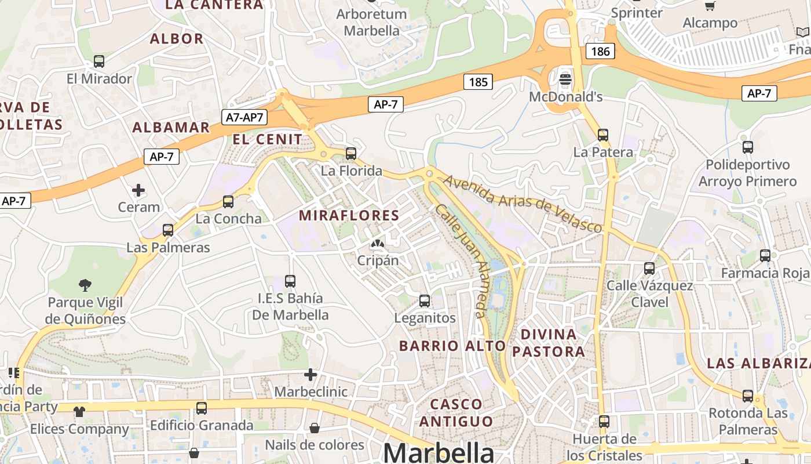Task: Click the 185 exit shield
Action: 478,82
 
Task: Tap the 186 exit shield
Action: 600,51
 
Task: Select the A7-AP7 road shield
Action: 244,117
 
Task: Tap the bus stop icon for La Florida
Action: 350,154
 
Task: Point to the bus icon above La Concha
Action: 228,202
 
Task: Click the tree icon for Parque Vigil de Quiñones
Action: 86,285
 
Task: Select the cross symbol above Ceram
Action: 138,190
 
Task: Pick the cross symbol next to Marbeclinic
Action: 310,375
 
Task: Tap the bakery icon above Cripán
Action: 377,244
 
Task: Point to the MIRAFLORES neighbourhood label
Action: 349,216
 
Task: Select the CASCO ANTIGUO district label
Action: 456,412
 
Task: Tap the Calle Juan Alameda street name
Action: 461,260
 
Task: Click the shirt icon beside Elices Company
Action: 79,411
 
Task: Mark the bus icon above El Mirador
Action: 99,61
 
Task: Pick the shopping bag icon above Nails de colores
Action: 314,428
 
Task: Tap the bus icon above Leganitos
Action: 425,301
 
